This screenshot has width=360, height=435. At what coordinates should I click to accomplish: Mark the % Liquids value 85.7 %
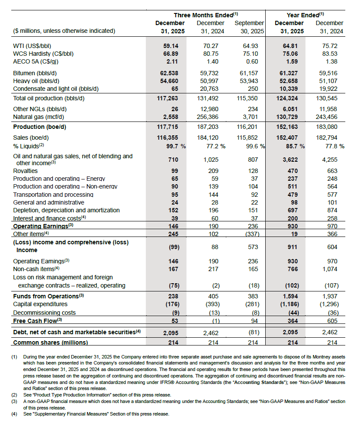[x=295, y=146]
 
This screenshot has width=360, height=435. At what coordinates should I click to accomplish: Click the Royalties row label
[x=26, y=171]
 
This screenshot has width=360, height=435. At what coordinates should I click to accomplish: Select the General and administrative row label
[x=49, y=202]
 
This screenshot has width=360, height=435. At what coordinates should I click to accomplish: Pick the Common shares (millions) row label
[x=51, y=342]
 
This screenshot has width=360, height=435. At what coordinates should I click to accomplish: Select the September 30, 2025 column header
[x=249, y=27]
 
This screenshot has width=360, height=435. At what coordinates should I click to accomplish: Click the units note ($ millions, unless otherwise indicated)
[x=64, y=31]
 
